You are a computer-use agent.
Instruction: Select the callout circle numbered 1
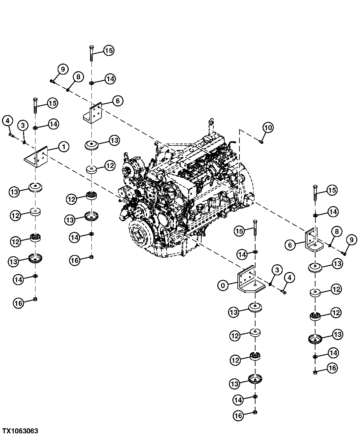click(x=64, y=147)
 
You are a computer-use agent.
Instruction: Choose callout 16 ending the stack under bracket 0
click(x=237, y=416)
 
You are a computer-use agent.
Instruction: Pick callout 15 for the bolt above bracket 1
click(x=52, y=103)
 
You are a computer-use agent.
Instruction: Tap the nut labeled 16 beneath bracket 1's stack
click(x=35, y=299)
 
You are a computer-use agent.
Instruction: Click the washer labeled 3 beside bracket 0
click(x=270, y=284)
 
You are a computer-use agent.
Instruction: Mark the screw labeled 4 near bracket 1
click(x=11, y=135)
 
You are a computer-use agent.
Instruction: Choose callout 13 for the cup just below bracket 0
click(x=234, y=312)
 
